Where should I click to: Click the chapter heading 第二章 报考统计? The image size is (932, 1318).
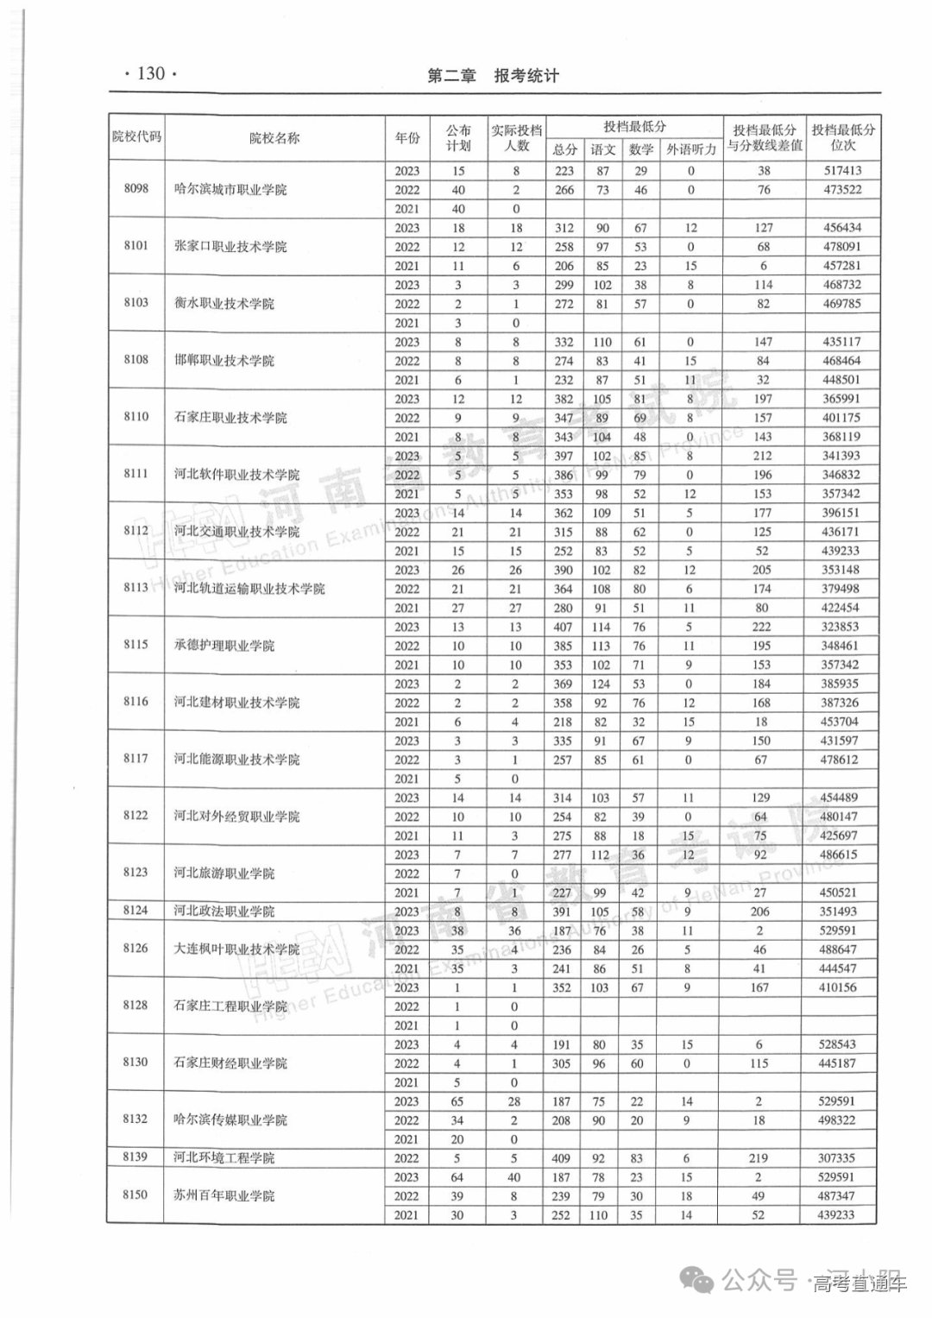click(494, 76)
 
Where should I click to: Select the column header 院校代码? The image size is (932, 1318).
click(136, 136)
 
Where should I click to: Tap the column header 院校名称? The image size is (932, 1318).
click(274, 137)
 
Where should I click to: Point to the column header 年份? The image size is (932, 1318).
click(407, 138)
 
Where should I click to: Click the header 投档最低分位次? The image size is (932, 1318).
click(843, 137)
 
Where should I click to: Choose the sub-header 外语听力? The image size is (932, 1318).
click(691, 149)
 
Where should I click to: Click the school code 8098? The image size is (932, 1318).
click(136, 188)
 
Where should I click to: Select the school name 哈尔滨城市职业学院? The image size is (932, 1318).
click(230, 189)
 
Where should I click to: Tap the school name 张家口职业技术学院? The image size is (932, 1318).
click(230, 246)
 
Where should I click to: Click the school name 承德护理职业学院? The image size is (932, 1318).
click(224, 645)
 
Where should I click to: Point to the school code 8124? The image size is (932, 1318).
click(135, 910)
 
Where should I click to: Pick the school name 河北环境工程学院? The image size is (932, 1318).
click(224, 1157)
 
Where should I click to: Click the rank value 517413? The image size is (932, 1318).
click(841, 171)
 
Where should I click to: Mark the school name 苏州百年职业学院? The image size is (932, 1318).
click(224, 1195)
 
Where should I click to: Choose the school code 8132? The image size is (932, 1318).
click(135, 1119)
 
